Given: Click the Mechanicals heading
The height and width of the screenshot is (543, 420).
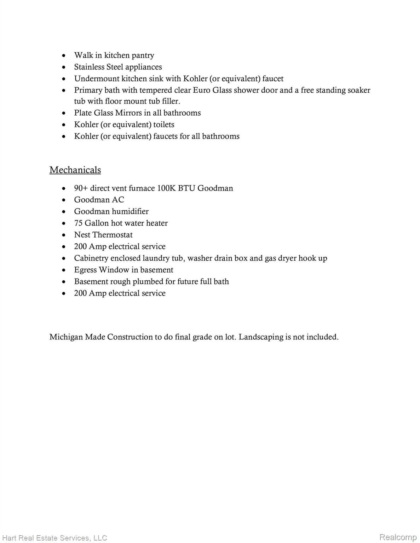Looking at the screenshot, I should [75, 170].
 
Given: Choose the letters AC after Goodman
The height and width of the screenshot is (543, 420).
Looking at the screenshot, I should [118, 200].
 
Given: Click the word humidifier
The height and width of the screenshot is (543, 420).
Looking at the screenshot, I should [130, 212].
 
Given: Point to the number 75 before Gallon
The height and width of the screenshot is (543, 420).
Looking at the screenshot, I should [78, 223].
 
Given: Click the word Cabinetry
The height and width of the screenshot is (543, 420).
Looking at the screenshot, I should [91, 258].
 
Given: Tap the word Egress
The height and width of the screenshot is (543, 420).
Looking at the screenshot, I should [85, 270].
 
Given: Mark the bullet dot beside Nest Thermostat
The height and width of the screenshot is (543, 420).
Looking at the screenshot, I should [64, 235].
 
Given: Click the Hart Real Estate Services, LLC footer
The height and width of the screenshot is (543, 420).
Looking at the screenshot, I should [54, 538].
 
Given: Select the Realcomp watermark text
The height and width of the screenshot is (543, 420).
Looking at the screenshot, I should [398, 538].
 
